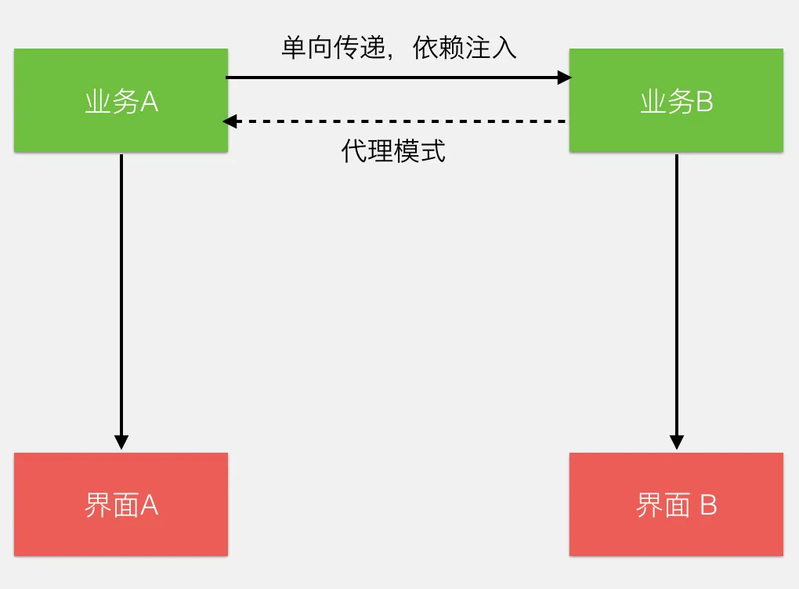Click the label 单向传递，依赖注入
pyautogui.click(x=399, y=48)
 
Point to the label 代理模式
pyautogui.click(x=393, y=150)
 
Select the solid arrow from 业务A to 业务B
pyautogui.click(x=392, y=78)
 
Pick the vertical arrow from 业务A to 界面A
pyautogui.click(x=121, y=298)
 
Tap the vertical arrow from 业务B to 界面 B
pyautogui.click(x=677, y=298)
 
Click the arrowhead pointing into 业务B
pyautogui.click(x=564, y=78)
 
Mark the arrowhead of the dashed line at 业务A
pyautogui.click(x=230, y=121)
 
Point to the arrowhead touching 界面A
pyautogui.click(x=121, y=442)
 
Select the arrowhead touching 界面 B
pyautogui.click(x=677, y=442)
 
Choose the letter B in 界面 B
pyautogui.click(x=708, y=506)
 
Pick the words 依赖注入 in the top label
pyautogui.click(x=465, y=48)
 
